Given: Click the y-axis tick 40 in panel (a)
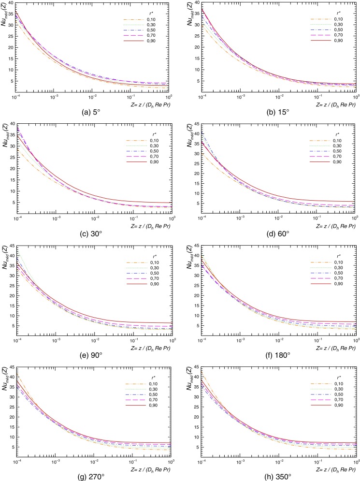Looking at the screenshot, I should [10, 4].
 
